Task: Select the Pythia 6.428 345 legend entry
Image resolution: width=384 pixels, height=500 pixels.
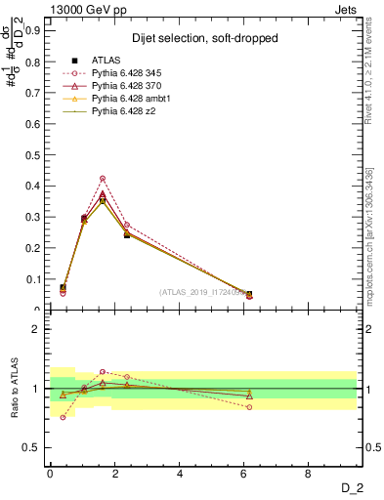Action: tap(127, 73)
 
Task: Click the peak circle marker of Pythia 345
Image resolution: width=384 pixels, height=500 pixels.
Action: tap(103, 178)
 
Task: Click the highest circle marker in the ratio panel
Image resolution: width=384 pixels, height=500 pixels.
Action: tap(103, 371)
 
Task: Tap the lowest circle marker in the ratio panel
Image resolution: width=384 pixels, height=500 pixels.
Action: tap(63, 417)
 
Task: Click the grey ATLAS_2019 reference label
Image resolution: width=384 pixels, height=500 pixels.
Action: tap(204, 291)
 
